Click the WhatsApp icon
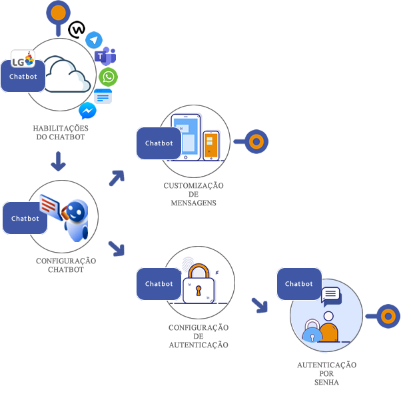[108, 77]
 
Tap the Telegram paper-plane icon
[94, 40]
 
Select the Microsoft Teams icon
[105, 57]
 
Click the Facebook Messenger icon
[87, 110]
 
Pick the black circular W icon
[77, 29]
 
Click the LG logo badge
[23, 59]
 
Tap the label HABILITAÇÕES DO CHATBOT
[61, 133]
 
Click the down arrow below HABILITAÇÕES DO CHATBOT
[58, 161]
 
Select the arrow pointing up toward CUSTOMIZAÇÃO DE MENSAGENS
[117, 177]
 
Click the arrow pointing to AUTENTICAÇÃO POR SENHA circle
[259, 305]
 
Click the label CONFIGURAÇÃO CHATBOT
[65, 265]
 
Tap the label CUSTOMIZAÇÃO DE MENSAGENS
[193, 194]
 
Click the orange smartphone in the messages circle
[210, 145]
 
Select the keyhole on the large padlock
[198, 290]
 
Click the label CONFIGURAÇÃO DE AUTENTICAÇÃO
[198, 336]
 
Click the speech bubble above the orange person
[330, 294]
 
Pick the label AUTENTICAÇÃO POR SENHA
[326, 373]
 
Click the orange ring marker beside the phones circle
[256, 141]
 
